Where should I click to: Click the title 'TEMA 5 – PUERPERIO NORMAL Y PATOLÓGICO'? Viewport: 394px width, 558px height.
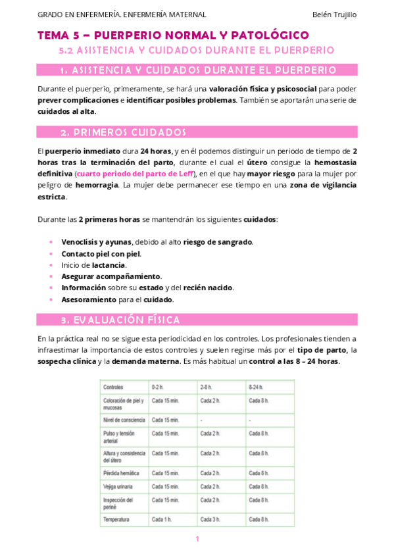point(173,35)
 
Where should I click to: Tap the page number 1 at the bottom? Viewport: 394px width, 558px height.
point(197,540)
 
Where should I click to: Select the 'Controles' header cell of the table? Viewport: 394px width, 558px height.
point(114,387)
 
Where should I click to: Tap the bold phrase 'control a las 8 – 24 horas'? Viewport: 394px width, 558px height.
point(295,362)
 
